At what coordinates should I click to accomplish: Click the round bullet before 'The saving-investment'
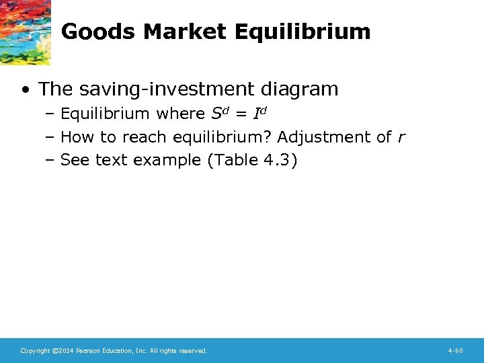coord(24,89)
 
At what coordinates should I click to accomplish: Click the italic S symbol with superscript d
coord(212,113)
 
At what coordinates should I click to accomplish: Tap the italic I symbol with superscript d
coord(257,113)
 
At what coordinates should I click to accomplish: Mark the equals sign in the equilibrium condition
coord(239,114)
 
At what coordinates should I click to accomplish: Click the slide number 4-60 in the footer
coord(455,351)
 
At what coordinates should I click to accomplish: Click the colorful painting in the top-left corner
coord(25,32)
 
